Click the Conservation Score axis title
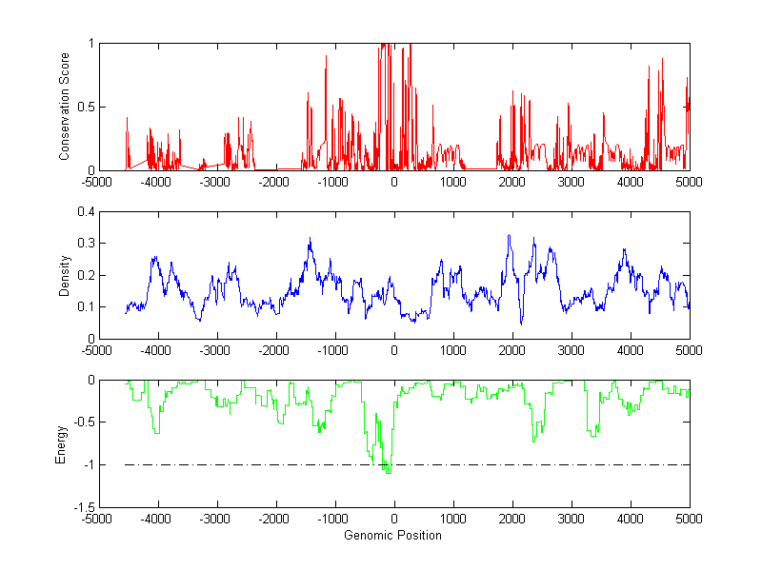click(65, 107)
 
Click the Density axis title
click(65, 275)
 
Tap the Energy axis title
click(62, 443)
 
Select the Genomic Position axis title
click(393, 536)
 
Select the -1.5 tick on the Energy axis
click(82, 507)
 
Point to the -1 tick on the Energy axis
click(87, 464)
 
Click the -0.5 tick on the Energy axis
click(82, 423)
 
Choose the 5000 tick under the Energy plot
click(689, 519)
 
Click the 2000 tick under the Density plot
click(512, 350)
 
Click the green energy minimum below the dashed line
click(388, 472)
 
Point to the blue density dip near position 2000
click(521, 324)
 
